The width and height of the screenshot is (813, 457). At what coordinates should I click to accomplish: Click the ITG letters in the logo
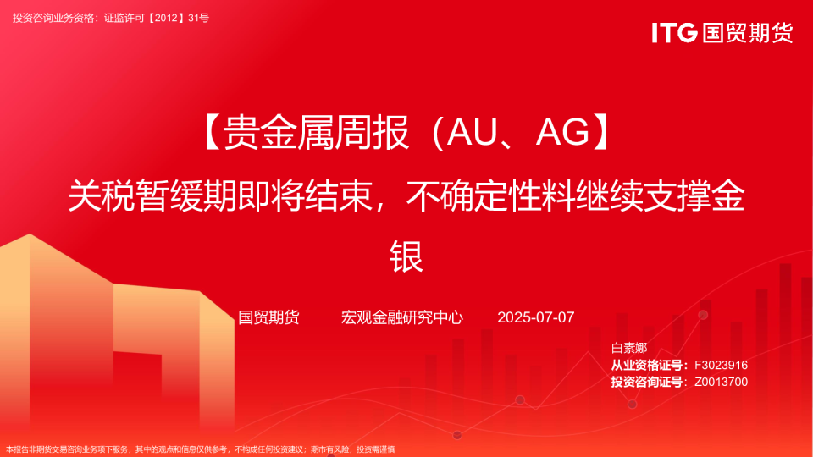pyautogui.click(x=674, y=33)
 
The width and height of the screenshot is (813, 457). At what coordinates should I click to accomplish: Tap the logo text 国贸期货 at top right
pyautogui.click(x=746, y=33)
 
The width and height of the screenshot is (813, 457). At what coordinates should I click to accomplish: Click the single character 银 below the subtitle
pyautogui.click(x=406, y=255)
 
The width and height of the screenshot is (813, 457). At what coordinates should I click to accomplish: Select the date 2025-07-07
pyautogui.click(x=535, y=317)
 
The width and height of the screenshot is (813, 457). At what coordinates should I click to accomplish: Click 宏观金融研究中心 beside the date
pyautogui.click(x=401, y=317)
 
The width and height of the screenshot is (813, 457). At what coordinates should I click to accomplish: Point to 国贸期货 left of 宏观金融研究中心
pyautogui.click(x=268, y=317)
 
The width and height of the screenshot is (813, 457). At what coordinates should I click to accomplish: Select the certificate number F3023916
pyautogui.click(x=721, y=365)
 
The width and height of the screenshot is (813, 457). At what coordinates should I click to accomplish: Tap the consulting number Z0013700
pyautogui.click(x=721, y=382)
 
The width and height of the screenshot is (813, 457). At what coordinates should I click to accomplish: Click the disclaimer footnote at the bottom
pyautogui.click(x=200, y=449)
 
